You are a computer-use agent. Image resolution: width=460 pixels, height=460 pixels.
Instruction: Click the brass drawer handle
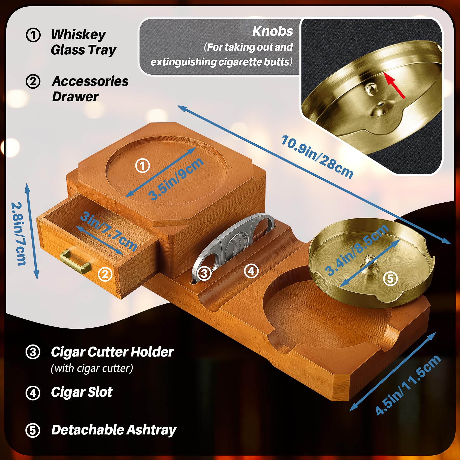(x=75, y=262)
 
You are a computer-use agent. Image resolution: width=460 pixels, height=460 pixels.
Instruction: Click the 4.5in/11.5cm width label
(x=408, y=384)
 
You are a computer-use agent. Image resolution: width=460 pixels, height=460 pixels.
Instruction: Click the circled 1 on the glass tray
(x=142, y=166)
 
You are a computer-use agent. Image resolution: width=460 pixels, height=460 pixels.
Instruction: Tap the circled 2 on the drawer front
(x=105, y=274)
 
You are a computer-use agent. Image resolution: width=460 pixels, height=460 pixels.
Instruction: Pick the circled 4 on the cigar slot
(x=251, y=271)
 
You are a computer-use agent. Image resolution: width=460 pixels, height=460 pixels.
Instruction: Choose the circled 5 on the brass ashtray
(x=390, y=279)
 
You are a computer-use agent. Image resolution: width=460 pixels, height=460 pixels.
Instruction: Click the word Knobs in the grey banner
(x=272, y=31)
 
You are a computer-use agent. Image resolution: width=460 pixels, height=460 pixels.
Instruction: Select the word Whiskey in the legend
(x=78, y=34)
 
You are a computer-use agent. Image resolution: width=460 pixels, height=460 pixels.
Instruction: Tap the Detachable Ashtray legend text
(x=114, y=430)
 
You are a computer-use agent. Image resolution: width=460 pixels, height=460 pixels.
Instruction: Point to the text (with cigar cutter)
(x=92, y=368)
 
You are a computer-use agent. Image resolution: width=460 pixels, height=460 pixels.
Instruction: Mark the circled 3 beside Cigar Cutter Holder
(x=33, y=352)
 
